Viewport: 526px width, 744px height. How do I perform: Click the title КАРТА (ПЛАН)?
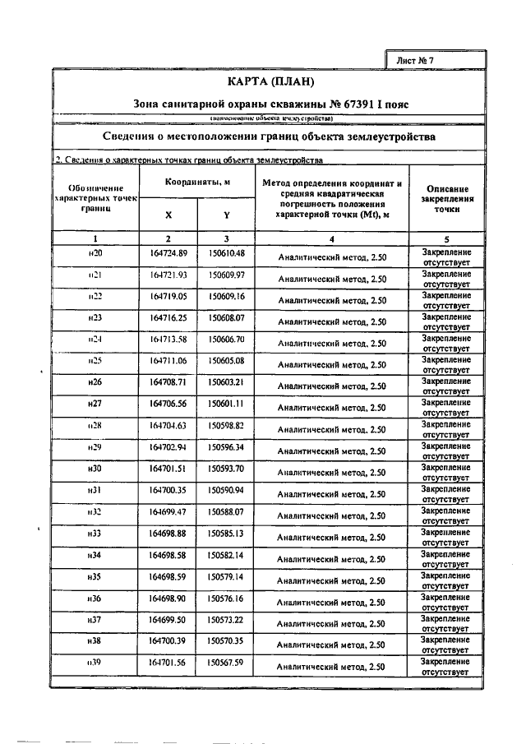[x=270, y=82]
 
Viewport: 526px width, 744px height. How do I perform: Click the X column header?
[x=168, y=215]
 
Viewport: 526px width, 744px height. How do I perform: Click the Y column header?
[x=226, y=215]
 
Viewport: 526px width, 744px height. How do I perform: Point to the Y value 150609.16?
[x=226, y=295]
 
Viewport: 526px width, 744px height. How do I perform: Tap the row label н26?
[x=95, y=381]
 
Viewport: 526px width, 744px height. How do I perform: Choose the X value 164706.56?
[x=168, y=404]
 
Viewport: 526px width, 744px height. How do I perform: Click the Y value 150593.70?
[x=226, y=468]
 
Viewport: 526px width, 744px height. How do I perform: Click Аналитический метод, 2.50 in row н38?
[x=331, y=645]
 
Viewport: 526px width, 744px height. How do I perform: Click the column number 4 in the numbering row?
[x=331, y=238]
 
